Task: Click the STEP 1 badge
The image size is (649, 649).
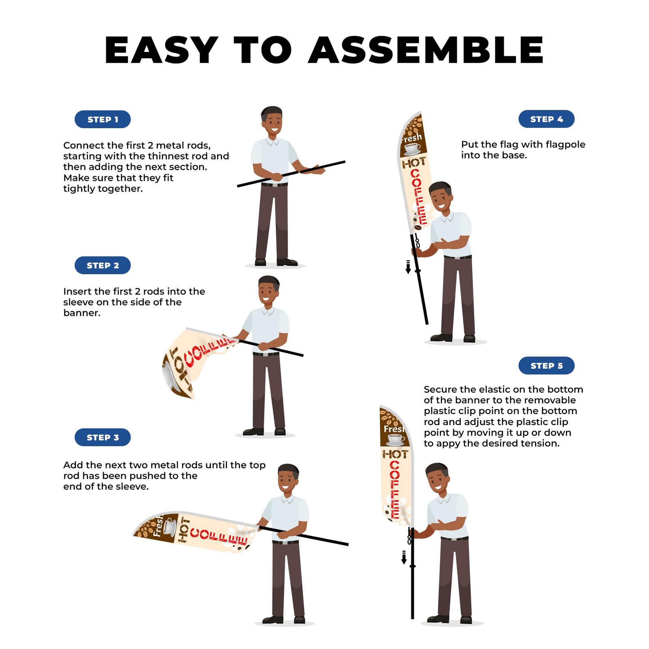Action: pos(103,119)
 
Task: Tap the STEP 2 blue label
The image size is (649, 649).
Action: pos(103,265)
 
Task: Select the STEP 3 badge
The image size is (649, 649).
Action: pos(103,437)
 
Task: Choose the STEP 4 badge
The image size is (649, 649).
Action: pos(546,119)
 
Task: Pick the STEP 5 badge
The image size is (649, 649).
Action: pos(546,365)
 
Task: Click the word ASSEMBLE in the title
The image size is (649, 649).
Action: pos(426,50)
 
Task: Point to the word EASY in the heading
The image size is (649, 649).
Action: pos(161,50)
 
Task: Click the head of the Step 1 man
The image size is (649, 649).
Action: pos(272,120)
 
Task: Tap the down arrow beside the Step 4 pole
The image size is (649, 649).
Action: pos(408,267)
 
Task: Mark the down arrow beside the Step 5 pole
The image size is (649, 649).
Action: pos(404,557)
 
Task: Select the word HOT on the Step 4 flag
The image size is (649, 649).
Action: pos(414,163)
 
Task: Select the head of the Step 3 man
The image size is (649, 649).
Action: pos(288,479)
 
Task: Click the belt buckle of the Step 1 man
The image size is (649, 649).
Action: pos(275,185)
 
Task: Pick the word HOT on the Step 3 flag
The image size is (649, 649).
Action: pos(184,530)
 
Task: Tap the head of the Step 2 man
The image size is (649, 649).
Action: pos(269,290)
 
